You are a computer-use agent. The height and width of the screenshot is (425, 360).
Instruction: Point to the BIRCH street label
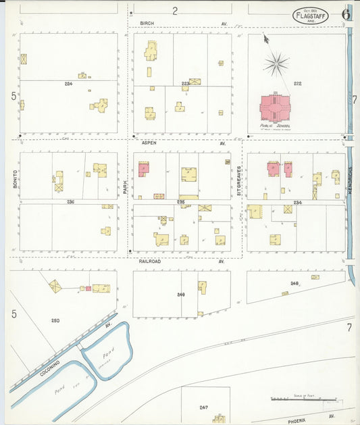[x=147, y=23]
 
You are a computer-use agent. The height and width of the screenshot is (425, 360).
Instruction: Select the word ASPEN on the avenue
[x=149, y=144]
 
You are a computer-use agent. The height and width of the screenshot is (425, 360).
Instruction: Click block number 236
[x=70, y=201]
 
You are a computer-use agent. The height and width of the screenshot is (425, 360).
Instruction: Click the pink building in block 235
[x=143, y=169]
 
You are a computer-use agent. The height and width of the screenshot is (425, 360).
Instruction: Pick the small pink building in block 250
[x=88, y=289]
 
